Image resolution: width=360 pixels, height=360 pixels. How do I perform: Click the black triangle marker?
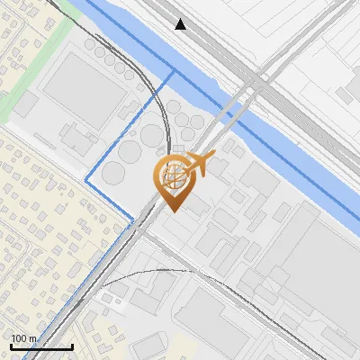[x=181, y=24]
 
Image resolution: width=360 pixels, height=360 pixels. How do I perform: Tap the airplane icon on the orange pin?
[x=198, y=166]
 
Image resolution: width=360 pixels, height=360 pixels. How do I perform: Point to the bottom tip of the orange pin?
[x=172, y=211]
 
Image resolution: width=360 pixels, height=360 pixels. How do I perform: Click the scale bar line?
[x=40, y=346]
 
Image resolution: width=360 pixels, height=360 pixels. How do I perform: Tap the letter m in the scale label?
[x=32, y=338]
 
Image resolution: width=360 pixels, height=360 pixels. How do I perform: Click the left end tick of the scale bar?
[x=10, y=345]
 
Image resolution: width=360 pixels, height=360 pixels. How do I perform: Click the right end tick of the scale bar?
[x=72, y=345]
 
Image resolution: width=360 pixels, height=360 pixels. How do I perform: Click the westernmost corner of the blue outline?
[x=85, y=181]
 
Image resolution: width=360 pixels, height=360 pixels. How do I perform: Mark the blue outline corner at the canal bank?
[x=172, y=70]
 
